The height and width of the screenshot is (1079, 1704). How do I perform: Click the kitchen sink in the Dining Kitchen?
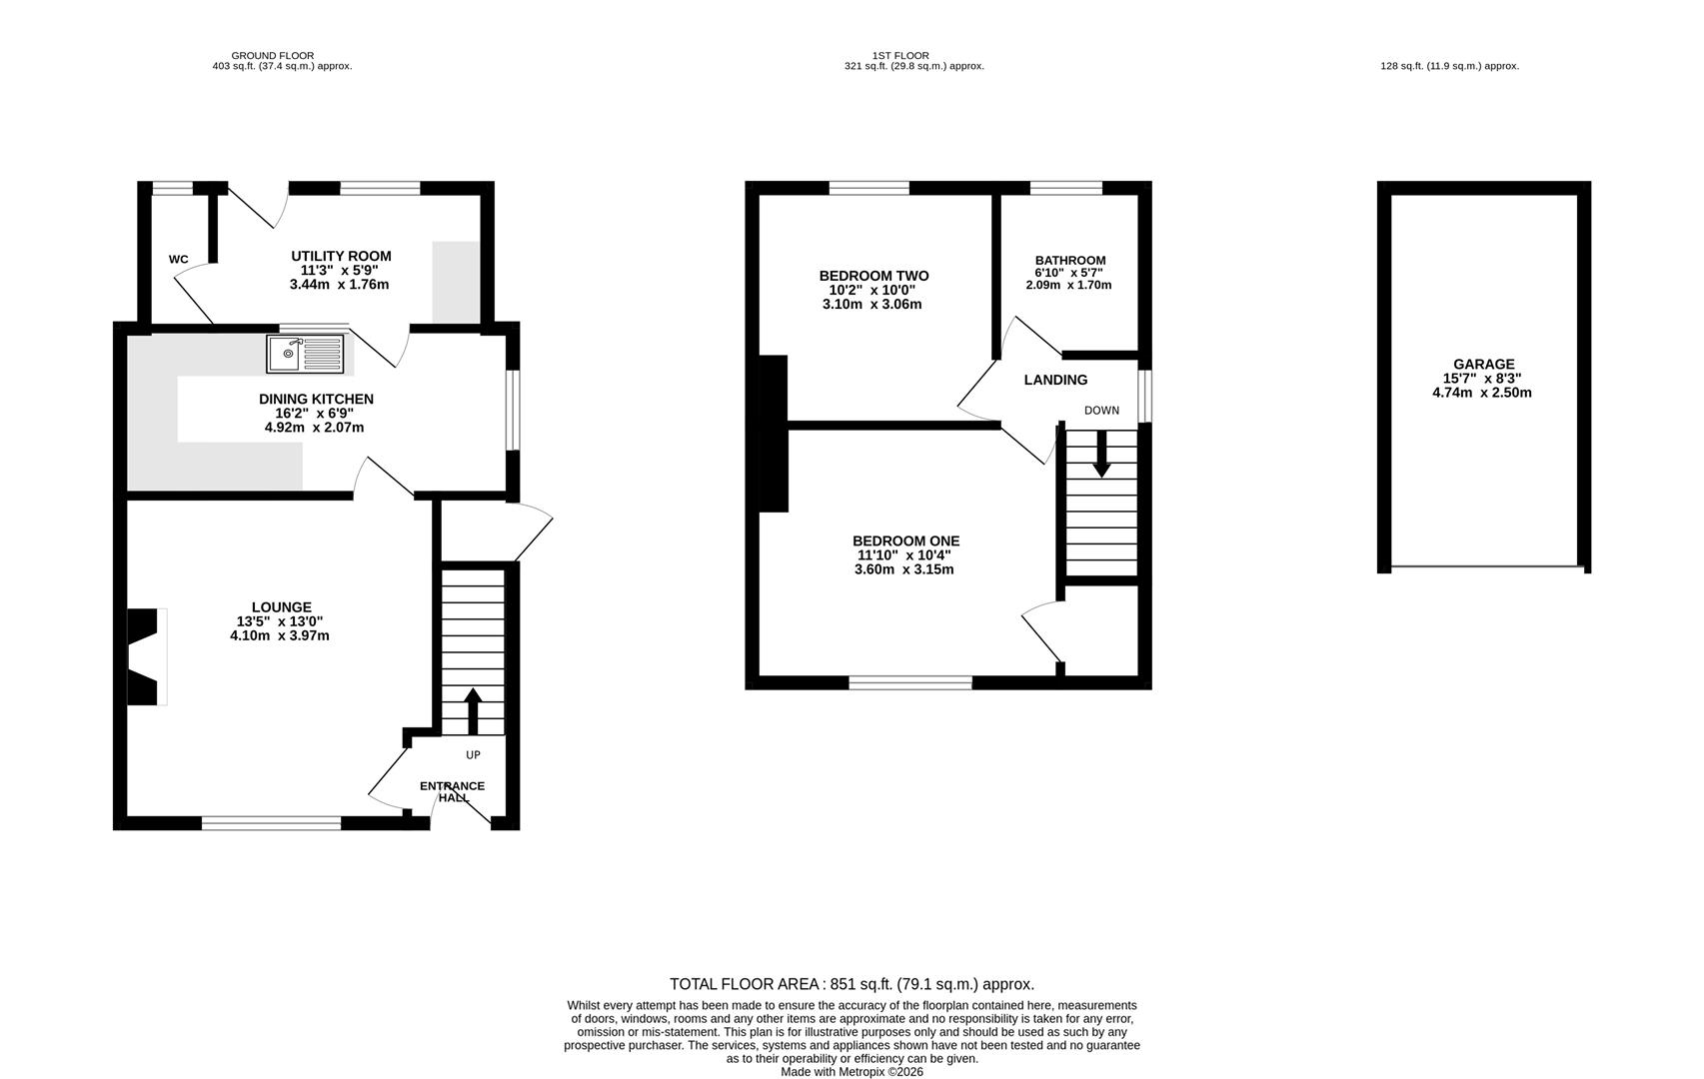click(x=305, y=354)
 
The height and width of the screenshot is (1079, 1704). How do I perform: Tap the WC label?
click(x=178, y=260)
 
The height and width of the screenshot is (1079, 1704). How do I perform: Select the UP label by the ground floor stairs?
click(x=473, y=755)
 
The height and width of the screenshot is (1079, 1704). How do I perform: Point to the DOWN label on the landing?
click(x=1101, y=411)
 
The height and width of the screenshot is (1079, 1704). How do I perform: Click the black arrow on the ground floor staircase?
click(x=473, y=711)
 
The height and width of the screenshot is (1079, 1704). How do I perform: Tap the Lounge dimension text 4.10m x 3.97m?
click(x=280, y=635)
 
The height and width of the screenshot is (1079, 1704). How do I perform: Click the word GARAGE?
click(x=1483, y=365)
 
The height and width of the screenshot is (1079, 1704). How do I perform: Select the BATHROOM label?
click(x=1070, y=260)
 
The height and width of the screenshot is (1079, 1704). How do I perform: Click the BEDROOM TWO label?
click(x=874, y=276)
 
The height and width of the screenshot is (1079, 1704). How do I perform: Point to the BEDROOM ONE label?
click(x=906, y=540)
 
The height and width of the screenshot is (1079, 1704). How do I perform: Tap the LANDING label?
click(x=1055, y=380)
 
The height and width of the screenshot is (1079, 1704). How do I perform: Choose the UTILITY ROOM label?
click(x=341, y=256)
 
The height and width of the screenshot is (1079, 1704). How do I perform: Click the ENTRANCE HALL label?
click(x=452, y=791)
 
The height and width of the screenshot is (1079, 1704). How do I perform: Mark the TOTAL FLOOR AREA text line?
click(x=852, y=984)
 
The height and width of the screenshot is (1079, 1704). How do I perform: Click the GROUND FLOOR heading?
click(x=272, y=56)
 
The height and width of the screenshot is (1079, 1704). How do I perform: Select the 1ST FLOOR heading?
click(x=900, y=56)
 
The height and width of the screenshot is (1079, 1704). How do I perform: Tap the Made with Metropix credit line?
click(x=852, y=1072)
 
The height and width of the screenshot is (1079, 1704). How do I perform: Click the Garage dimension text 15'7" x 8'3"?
click(x=1483, y=379)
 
